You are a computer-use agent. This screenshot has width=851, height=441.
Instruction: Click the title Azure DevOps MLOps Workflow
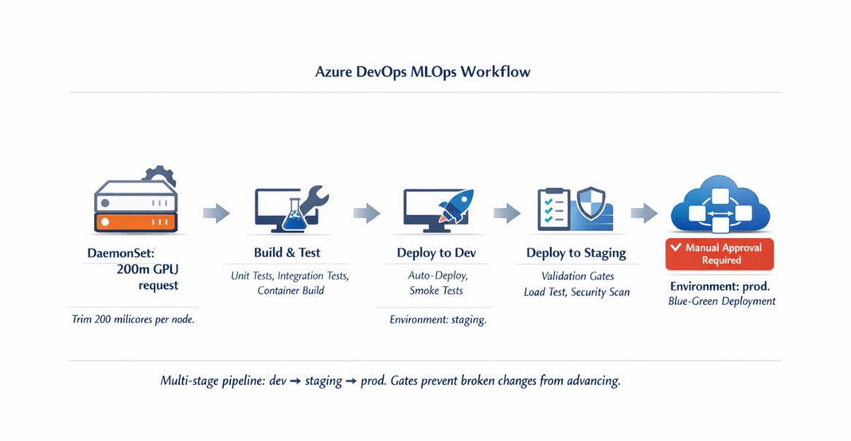(x=423, y=72)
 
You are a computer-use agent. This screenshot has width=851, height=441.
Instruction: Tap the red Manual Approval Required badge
(x=720, y=254)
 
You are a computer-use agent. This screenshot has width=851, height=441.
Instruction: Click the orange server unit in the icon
(x=136, y=222)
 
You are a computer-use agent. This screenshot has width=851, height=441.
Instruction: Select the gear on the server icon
(x=159, y=175)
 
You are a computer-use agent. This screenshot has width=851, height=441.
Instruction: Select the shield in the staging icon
(x=590, y=204)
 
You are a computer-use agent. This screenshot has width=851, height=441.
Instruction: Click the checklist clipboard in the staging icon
(x=554, y=210)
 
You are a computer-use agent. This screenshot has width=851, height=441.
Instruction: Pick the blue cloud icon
(x=720, y=204)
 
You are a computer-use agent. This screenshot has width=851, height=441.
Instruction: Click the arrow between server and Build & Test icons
(x=216, y=212)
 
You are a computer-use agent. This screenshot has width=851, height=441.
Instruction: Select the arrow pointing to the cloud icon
(x=644, y=212)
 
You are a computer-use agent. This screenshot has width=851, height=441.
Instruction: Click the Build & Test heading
(x=287, y=252)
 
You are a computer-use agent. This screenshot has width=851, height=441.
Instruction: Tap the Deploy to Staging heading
(x=576, y=253)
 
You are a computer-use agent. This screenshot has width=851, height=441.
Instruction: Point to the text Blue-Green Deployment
(x=722, y=301)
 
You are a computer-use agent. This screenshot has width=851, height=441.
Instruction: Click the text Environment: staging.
(x=438, y=320)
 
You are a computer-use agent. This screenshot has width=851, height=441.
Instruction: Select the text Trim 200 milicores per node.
(x=133, y=319)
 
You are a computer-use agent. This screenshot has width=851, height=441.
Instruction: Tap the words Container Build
(x=291, y=290)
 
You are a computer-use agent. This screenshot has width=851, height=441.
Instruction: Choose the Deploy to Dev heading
(x=436, y=253)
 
